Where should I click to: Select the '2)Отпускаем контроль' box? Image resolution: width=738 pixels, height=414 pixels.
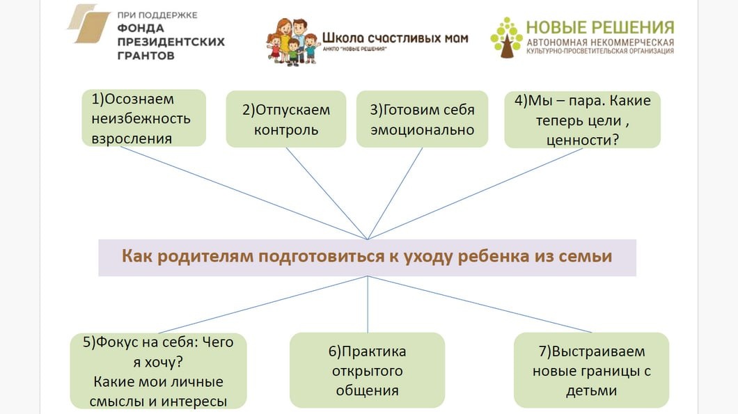click(x=285, y=119)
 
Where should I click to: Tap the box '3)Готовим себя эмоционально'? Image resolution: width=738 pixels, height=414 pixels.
click(x=422, y=119)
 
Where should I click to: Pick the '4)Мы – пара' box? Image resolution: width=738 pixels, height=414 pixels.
click(x=582, y=120)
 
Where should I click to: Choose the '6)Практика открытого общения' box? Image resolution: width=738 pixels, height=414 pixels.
click(x=367, y=370)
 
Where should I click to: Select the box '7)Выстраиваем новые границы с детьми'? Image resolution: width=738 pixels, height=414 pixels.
click(x=591, y=370)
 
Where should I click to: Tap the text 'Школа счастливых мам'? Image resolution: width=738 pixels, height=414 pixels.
click(x=395, y=38)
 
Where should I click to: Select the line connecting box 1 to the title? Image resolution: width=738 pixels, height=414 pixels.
click(x=258, y=193)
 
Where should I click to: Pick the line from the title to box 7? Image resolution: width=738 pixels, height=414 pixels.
click(x=480, y=304)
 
